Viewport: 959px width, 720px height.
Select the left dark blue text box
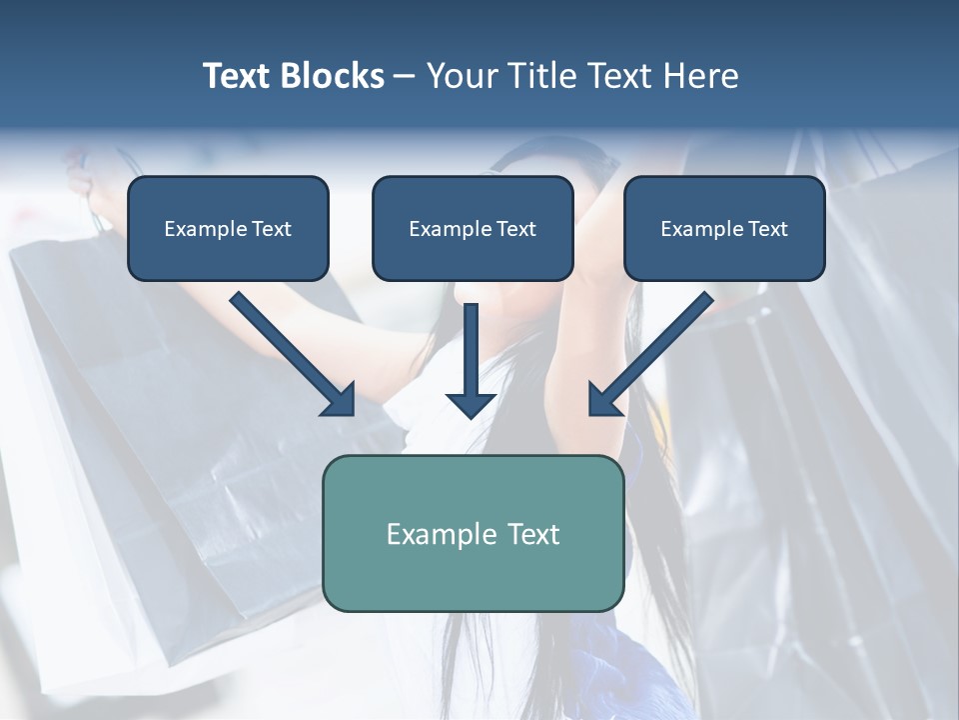pyautogui.click(x=228, y=229)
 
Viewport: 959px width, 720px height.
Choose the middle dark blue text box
pyautogui.click(x=473, y=229)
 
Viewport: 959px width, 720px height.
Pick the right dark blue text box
pyautogui.click(x=724, y=229)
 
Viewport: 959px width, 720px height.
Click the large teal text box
pyautogui.click(x=473, y=534)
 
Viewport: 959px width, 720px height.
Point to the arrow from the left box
pyautogui.click(x=290, y=352)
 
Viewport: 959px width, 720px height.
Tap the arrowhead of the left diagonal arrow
pyautogui.click(x=340, y=400)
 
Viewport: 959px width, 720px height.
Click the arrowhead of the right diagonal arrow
pyautogui.click(x=603, y=400)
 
